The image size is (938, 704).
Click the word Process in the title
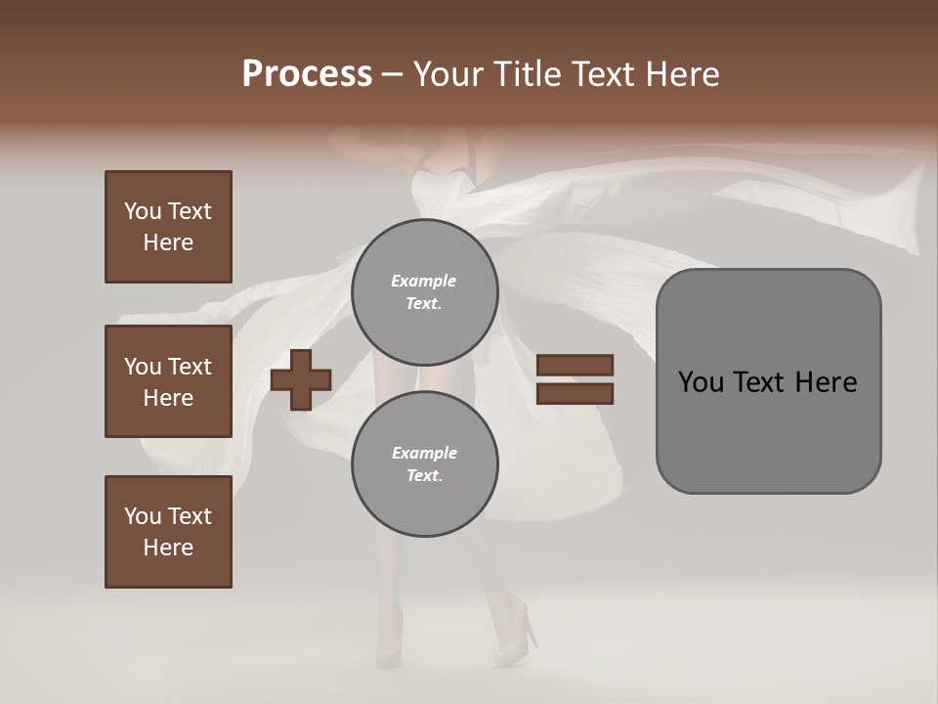tap(307, 73)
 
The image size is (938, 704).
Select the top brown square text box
tap(168, 227)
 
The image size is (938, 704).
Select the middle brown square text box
tap(168, 381)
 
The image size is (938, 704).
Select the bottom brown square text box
tap(168, 532)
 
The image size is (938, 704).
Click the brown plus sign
tap(301, 380)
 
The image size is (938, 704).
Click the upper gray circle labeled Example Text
tap(424, 292)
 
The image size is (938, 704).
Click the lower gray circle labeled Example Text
tap(424, 464)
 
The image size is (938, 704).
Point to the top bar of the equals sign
tap(575, 366)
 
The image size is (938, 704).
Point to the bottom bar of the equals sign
tap(575, 394)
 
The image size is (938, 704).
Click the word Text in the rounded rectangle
tap(757, 382)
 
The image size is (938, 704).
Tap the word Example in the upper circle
tap(424, 281)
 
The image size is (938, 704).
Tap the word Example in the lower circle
tap(424, 453)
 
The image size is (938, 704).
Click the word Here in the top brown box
tap(168, 242)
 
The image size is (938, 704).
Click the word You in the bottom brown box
tap(143, 516)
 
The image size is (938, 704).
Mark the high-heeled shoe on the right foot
tap(519, 635)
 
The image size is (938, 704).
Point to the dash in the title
tap(392, 74)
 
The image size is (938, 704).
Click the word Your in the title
tap(448, 73)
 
